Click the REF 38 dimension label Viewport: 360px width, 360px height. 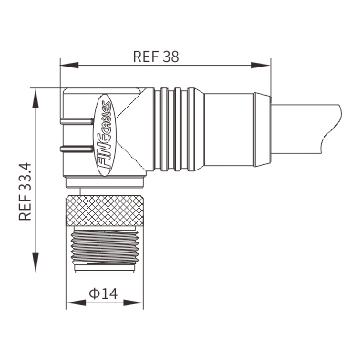pos(156,57)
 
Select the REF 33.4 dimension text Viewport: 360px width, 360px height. pos(26,191)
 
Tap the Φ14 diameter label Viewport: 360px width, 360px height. pos(103,293)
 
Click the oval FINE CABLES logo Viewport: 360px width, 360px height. pos(105,135)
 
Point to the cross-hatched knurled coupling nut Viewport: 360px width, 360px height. pos(105,211)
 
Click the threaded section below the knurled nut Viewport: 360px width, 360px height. pos(105,247)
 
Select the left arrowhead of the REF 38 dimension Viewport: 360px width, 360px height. pos(69,65)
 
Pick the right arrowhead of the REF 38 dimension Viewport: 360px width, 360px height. pos(261,65)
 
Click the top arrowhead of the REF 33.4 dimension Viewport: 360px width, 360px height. pos(36,98)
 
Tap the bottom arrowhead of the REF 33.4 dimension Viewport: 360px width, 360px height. pos(36,262)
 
